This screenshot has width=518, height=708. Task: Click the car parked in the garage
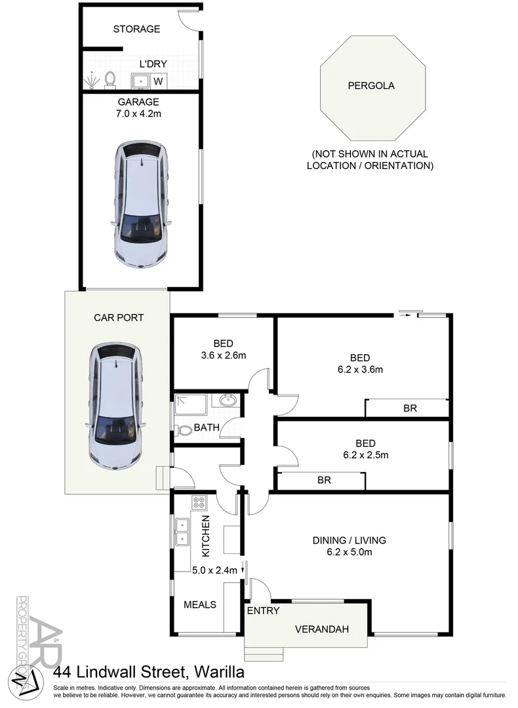click(x=140, y=205)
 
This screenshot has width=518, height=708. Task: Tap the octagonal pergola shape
click(x=371, y=86)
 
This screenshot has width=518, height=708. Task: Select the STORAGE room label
click(x=136, y=29)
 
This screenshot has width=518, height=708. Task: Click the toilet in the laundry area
click(x=110, y=79)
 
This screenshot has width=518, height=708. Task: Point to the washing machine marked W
click(x=158, y=81)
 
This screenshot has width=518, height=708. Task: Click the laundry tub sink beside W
click(x=140, y=81)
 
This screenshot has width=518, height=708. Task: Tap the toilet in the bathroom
click(x=184, y=431)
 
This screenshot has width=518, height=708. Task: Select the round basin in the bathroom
click(x=228, y=401)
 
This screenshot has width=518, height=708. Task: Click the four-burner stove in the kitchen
click(x=199, y=503)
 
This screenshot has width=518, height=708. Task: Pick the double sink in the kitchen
click(x=182, y=532)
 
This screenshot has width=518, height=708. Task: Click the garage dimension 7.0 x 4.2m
click(x=138, y=113)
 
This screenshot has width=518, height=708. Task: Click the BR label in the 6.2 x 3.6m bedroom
click(x=410, y=408)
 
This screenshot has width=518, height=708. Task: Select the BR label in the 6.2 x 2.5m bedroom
click(x=324, y=480)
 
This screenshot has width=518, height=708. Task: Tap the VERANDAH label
click(x=321, y=629)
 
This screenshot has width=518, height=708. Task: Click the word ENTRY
click(x=263, y=610)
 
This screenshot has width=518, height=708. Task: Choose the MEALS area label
click(x=200, y=604)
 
